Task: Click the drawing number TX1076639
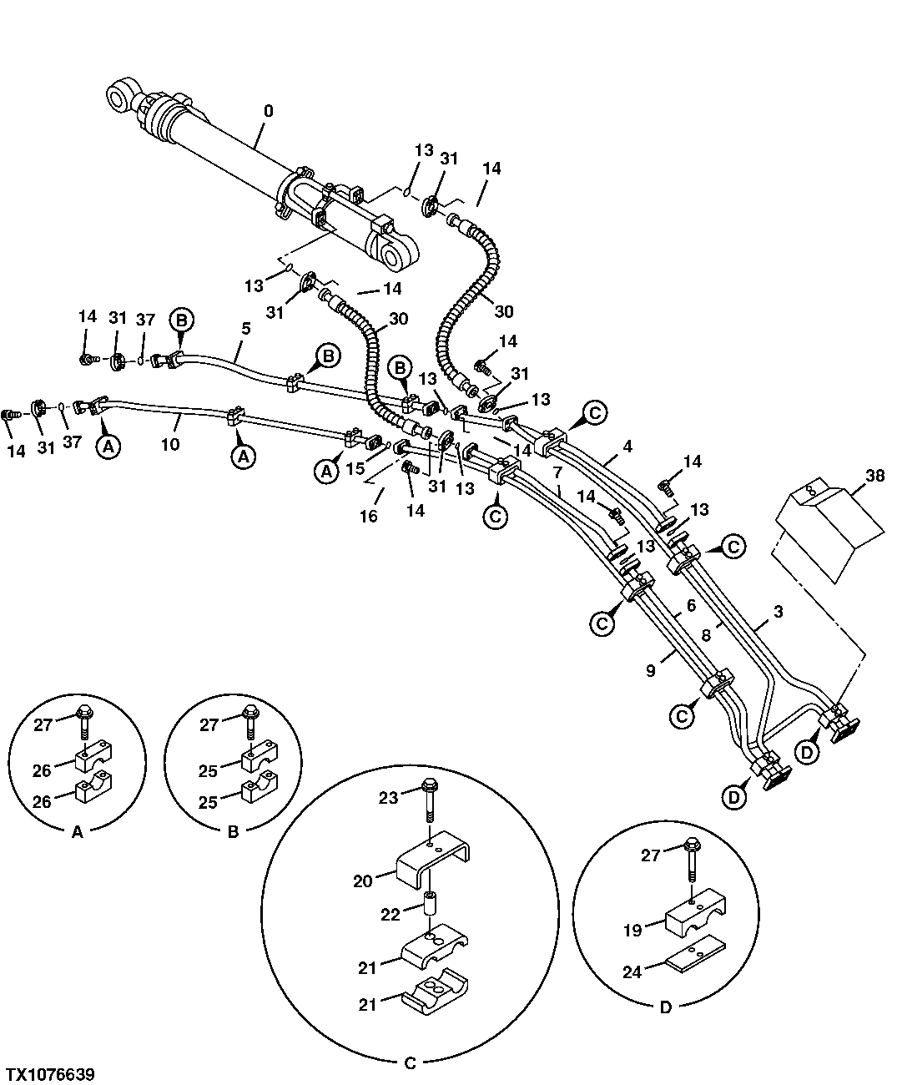click(x=50, y=1073)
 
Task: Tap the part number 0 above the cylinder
click(x=268, y=111)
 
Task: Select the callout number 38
click(x=874, y=477)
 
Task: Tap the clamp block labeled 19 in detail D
click(x=694, y=918)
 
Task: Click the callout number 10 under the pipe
click(x=170, y=444)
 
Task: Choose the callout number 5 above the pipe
click(x=246, y=328)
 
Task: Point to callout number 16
click(x=368, y=516)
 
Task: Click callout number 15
click(x=355, y=469)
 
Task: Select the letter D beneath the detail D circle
click(x=665, y=1007)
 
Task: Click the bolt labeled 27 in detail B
click(x=249, y=721)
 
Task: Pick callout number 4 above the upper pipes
click(x=627, y=447)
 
